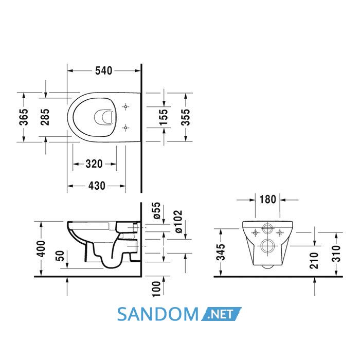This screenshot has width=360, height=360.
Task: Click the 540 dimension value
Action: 104,71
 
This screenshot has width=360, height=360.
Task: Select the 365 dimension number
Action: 24,117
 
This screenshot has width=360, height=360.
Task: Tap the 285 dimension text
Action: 45,117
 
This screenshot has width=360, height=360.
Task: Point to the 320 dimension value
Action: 94,164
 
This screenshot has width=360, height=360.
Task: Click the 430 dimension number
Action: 97,186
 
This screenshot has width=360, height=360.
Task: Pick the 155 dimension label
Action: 164,117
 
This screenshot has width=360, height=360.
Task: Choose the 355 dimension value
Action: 185,117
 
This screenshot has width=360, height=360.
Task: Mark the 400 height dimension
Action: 42,248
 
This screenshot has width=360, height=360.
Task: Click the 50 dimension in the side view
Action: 60,256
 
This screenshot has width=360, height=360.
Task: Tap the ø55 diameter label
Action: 157,210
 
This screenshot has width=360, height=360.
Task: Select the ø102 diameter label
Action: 178,222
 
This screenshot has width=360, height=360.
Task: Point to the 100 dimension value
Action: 156,289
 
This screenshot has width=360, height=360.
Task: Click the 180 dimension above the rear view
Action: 268,200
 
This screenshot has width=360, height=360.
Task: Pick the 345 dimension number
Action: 221,252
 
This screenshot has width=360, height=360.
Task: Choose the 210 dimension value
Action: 314,260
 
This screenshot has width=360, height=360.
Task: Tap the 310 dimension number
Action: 336,254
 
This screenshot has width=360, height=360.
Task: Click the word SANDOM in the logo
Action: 158,314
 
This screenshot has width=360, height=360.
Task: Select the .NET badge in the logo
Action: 221,314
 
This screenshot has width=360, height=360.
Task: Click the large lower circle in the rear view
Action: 267,246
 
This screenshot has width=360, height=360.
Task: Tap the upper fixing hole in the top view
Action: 125,106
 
